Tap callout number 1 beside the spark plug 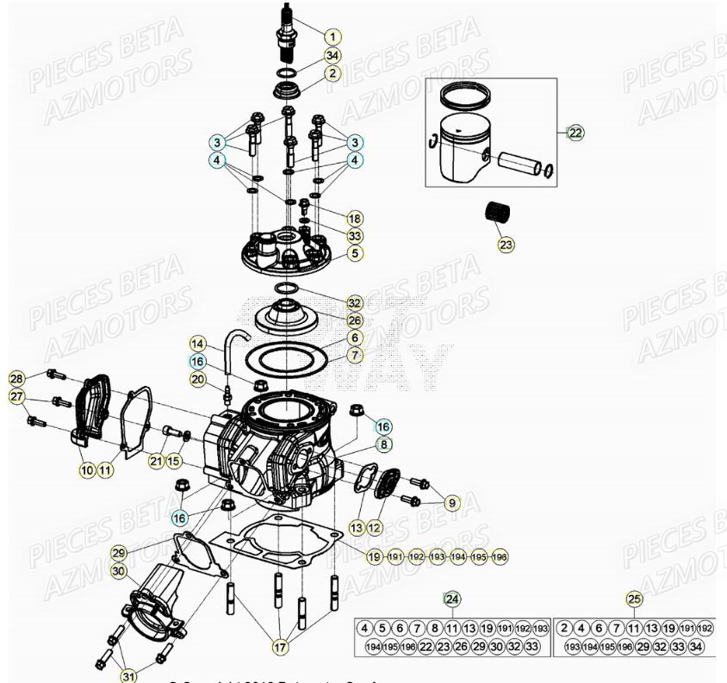coord(332,36)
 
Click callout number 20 coord(198,379)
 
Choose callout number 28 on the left coord(16,379)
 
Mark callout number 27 coord(16,396)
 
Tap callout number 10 coord(86,470)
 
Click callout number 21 coord(155,462)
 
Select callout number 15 coord(175,462)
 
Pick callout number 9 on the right coord(451,502)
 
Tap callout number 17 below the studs coord(279,646)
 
